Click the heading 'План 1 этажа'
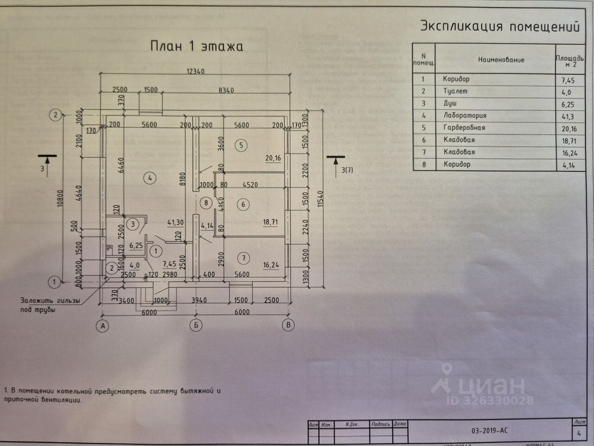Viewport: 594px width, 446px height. [x=197, y=46]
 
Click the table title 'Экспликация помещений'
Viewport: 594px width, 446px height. [x=500, y=26]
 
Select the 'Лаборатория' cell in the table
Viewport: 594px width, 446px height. [x=465, y=116]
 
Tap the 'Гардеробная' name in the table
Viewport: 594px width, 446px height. [x=464, y=128]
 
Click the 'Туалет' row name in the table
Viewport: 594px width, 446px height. [x=455, y=92]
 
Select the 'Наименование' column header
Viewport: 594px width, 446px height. [x=501, y=60]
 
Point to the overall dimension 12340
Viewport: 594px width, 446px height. [x=195, y=72]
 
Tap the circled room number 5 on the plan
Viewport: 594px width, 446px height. [x=241, y=145]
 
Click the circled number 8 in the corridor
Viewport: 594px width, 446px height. [x=206, y=203]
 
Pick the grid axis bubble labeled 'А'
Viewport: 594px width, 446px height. [x=103, y=326]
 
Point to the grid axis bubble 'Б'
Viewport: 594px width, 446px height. [x=196, y=326]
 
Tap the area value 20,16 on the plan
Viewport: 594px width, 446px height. [x=272, y=158]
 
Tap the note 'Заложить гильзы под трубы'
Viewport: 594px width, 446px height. [x=50, y=305]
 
